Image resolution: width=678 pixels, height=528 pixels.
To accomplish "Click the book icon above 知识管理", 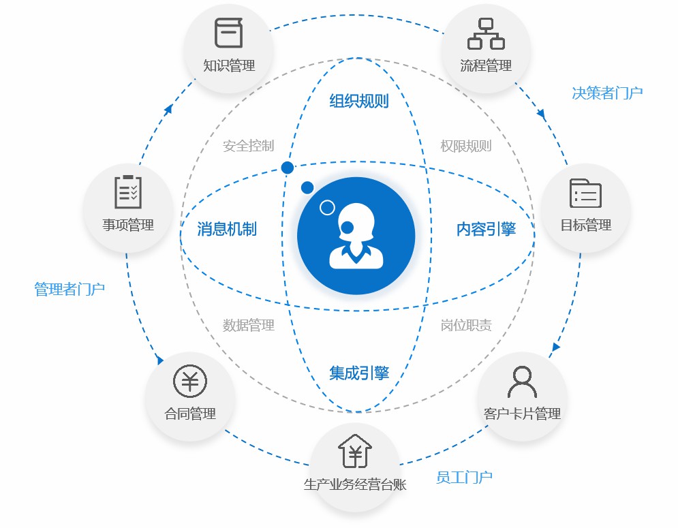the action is coord(229,33).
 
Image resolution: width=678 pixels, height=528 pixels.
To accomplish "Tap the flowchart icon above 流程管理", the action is coord(486,34).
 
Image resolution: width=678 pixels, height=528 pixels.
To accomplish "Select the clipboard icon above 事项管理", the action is coord(128,191).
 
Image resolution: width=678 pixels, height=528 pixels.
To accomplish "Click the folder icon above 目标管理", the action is coord(585,193).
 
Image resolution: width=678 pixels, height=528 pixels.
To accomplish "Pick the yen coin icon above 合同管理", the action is coord(190,381).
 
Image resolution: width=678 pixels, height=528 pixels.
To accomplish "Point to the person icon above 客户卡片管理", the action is coord(522,382).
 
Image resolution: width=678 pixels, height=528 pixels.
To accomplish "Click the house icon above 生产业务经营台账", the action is coord(354,451).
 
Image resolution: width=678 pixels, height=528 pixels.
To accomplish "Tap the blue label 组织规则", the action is coord(359,102).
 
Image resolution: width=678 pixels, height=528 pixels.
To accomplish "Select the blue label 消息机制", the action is coord(227,229).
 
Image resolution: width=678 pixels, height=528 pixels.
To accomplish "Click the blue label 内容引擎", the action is coord(486,229).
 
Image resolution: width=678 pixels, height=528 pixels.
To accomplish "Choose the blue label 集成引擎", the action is coord(359,373).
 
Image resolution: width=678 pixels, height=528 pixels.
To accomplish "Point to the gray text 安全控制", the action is coord(248,146).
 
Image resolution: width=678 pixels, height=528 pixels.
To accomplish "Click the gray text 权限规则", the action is coord(465,146).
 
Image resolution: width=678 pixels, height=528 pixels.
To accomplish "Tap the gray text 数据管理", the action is coord(248,325).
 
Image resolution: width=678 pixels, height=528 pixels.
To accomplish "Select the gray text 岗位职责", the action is coord(465,325).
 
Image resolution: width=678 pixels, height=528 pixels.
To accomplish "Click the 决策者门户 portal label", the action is coord(607,93).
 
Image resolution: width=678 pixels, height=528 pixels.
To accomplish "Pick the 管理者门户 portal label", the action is coord(70,289).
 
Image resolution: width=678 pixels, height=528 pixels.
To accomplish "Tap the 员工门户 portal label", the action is coord(464,478).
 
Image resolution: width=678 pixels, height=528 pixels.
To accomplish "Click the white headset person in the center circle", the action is coord(356,236).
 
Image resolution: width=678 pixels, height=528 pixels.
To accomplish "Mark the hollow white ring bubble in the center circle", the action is coord(327,208).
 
